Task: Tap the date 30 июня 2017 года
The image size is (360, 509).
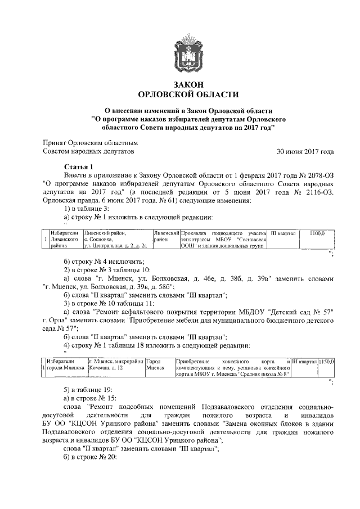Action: click(305, 152)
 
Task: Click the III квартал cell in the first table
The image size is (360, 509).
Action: click(283, 233)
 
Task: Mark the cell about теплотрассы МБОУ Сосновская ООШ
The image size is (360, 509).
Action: click(223, 239)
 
